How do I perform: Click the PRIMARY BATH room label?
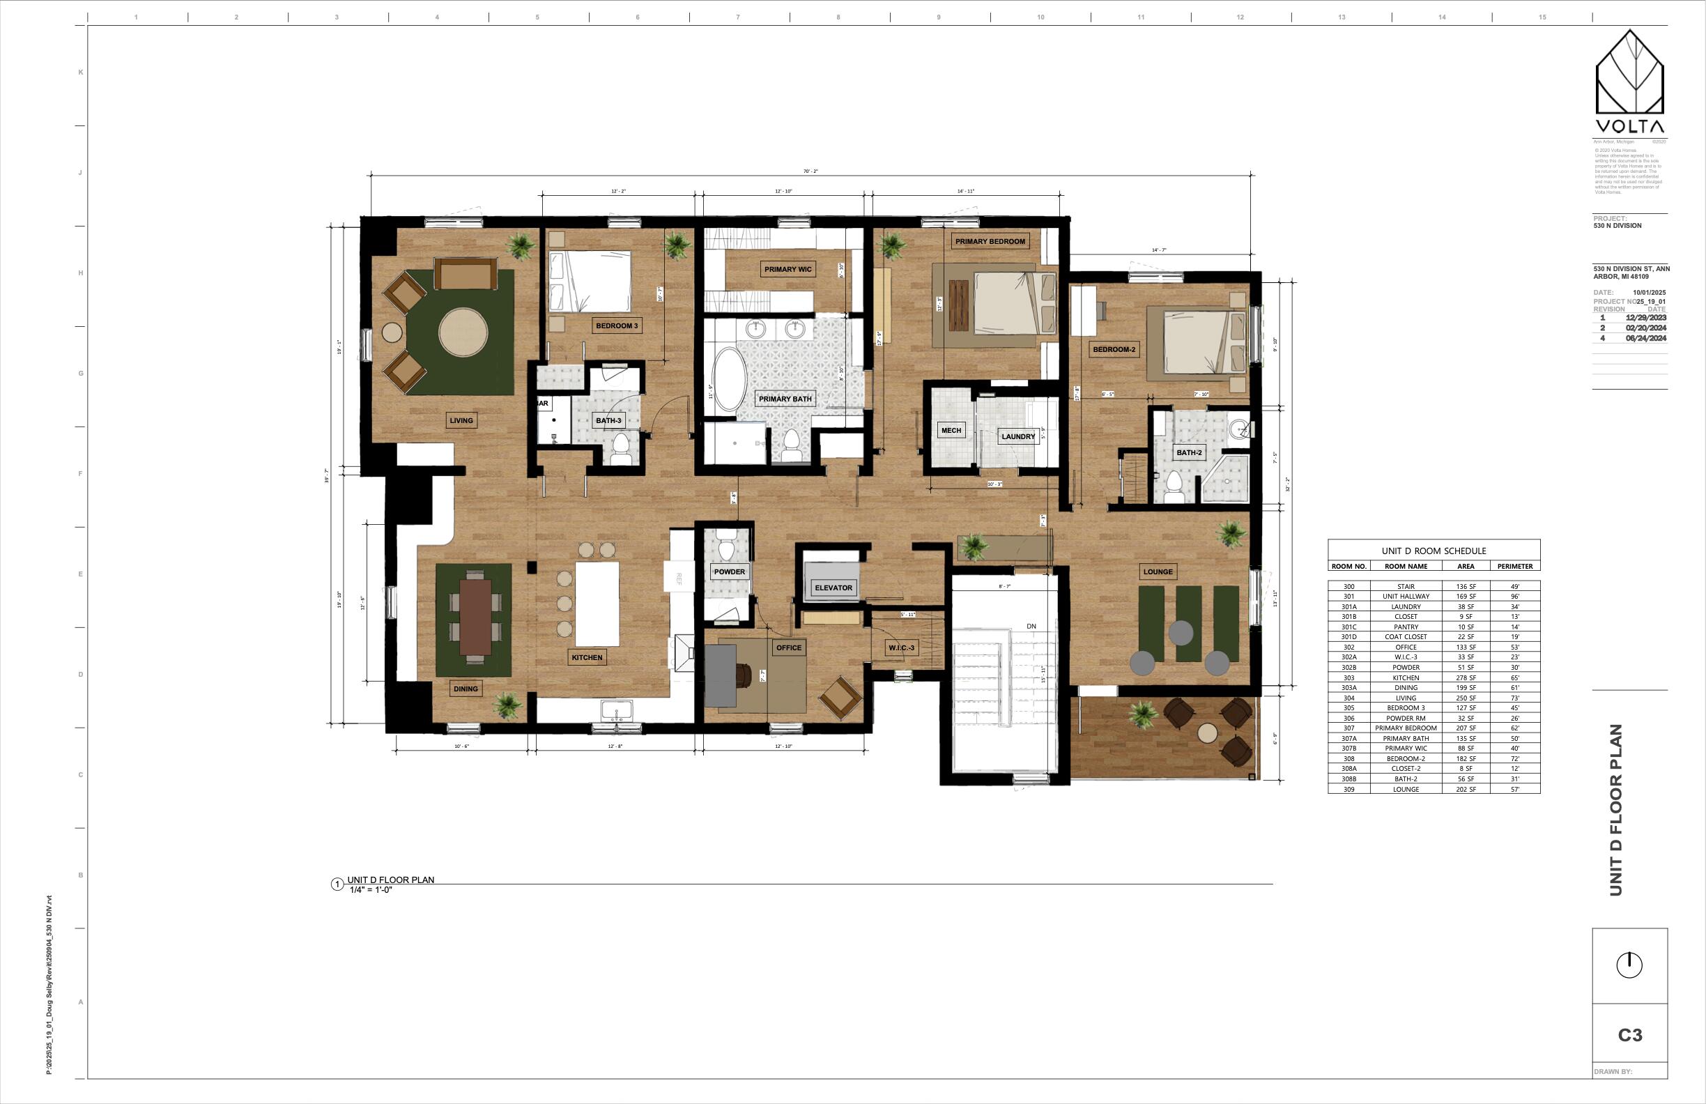[x=785, y=399]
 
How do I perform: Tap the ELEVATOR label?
[x=833, y=588]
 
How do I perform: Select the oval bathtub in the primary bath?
[x=728, y=380]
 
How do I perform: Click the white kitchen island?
[x=597, y=604]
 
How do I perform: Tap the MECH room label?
[x=951, y=430]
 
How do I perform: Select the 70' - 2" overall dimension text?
[x=810, y=171]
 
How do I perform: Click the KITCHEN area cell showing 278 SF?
[x=1465, y=677]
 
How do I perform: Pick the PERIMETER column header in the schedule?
[x=1514, y=567]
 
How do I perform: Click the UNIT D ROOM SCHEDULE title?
[x=1434, y=551]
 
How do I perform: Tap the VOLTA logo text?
[x=1629, y=126]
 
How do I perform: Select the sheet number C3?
[x=1630, y=1035]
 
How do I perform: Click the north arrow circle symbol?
[x=1629, y=965]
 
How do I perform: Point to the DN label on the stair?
[x=1031, y=626]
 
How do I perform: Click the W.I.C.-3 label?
[x=901, y=647]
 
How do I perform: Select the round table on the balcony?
[x=1207, y=733]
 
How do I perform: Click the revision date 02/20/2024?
[x=1645, y=328]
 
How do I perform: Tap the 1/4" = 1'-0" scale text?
[x=371, y=889]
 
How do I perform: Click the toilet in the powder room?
[x=726, y=549]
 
